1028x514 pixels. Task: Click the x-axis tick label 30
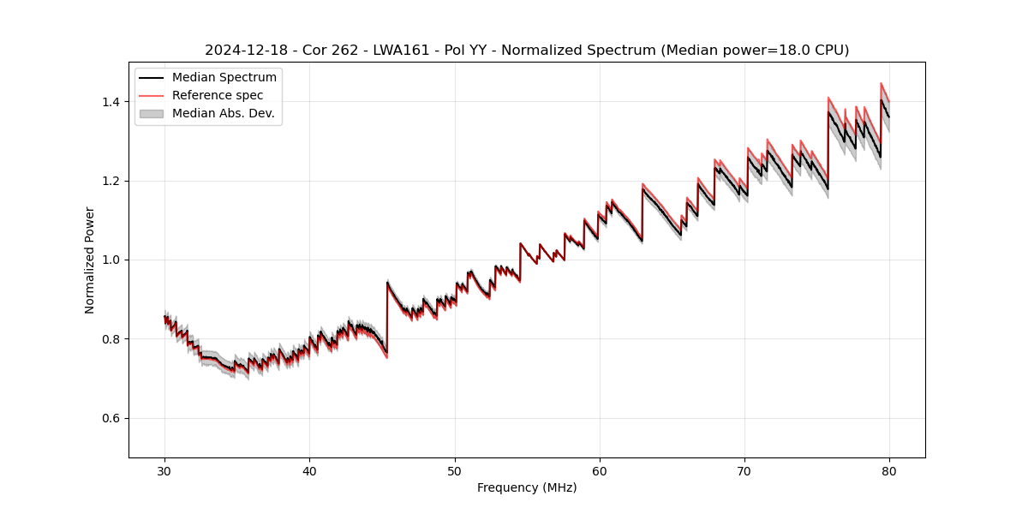[164, 470]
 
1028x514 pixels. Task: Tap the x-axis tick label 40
[309, 470]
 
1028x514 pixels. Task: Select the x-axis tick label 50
[455, 470]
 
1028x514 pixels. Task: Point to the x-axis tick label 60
[600, 470]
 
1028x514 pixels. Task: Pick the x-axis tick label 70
[744, 470]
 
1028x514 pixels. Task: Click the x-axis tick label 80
[889, 470]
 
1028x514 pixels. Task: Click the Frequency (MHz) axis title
[527, 487]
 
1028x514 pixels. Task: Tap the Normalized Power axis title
[90, 260]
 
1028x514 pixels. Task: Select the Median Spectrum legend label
[224, 78]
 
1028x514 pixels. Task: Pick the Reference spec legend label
[218, 96]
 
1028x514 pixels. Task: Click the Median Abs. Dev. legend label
[224, 114]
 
